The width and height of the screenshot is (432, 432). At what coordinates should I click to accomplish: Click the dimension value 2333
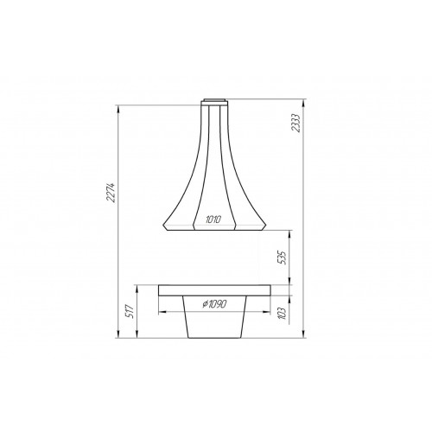[296, 123]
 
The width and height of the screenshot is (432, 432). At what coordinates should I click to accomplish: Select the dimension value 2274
[111, 193]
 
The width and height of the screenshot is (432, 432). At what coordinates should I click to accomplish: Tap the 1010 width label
[213, 219]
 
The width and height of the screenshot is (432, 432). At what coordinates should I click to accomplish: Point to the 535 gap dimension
[283, 257]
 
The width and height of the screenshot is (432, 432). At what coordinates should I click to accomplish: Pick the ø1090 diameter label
[214, 303]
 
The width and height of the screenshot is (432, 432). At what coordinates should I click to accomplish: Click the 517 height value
[130, 311]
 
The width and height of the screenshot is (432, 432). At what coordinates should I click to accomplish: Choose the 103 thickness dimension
[283, 314]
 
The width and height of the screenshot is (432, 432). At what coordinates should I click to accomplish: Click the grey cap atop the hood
[215, 100]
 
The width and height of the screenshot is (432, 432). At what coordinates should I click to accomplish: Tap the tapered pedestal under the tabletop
[215, 317]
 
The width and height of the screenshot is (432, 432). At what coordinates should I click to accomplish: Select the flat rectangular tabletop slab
[214, 290]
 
